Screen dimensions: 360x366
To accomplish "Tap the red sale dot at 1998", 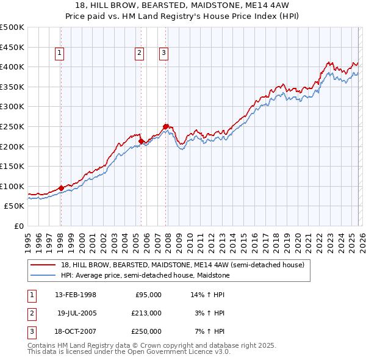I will (x=61, y=188).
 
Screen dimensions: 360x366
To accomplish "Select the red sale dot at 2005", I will (x=141, y=141).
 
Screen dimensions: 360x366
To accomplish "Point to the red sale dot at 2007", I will (x=165, y=126).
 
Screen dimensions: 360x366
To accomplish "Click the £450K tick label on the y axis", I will (x=12, y=47).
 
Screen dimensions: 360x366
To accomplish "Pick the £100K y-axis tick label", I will (x=12, y=186).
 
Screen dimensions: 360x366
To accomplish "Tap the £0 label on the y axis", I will (x=18, y=226).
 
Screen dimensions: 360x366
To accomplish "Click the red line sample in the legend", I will (x=43, y=265).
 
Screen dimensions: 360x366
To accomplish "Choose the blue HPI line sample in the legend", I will (x=43, y=275).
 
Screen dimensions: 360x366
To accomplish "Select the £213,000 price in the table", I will (x=146, y=313).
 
